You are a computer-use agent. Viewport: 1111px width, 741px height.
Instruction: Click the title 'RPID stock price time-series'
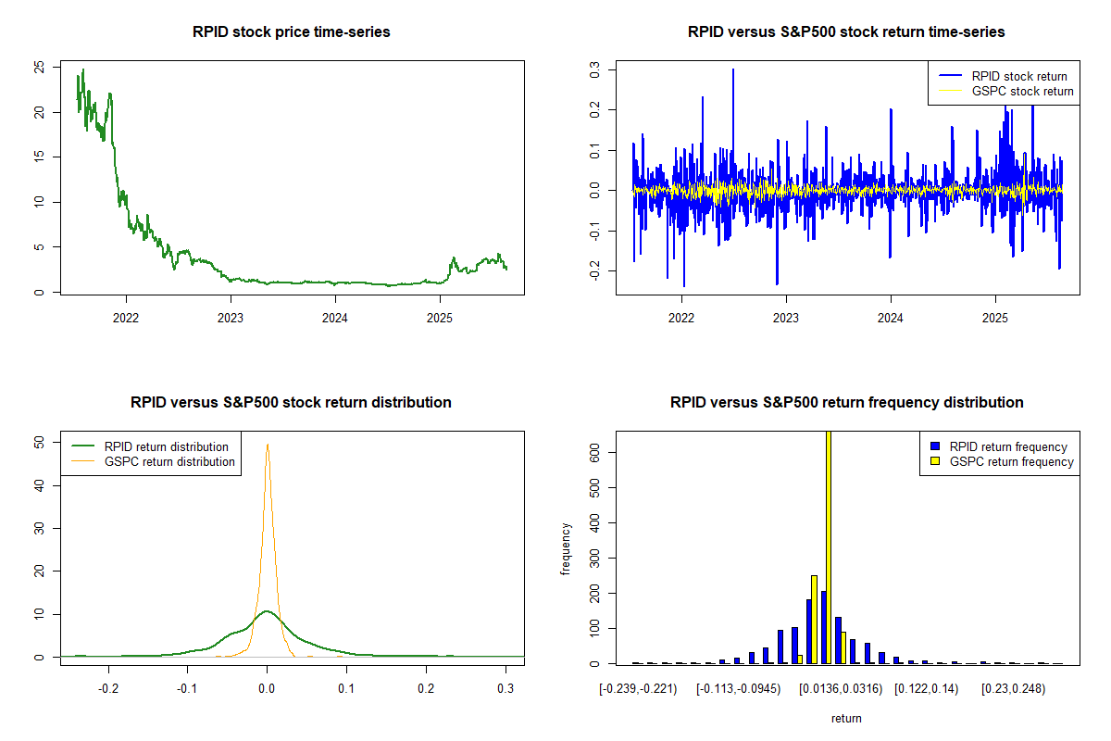click(x=291, y=32)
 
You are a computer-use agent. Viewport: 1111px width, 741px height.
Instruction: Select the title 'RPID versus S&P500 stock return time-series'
click(x=846, y=32)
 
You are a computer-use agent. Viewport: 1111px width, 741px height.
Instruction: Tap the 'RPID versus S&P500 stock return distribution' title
click(x=291, y=403)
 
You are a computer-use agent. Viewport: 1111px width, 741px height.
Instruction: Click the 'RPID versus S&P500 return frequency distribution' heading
click(x=846, y=403)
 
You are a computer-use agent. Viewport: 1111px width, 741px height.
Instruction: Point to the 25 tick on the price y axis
click(x=38, y=68)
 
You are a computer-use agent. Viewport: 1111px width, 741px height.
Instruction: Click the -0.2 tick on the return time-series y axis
click(x=593, y=269)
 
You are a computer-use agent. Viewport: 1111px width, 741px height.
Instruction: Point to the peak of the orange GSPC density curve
click(x=268, y=444)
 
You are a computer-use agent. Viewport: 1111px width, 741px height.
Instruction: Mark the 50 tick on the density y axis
click(x=38, y=443)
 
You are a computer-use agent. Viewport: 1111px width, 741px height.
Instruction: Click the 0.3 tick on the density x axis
click(x=506, y=689)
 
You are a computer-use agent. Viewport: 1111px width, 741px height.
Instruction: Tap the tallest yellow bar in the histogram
click(x=828, y=546)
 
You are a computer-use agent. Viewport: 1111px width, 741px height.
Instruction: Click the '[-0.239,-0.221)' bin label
click(x=639, y=689)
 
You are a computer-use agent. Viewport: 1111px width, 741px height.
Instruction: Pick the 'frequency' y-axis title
click(x=566, y=548)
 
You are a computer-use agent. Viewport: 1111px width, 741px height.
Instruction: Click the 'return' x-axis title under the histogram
click(x=846, y=718)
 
